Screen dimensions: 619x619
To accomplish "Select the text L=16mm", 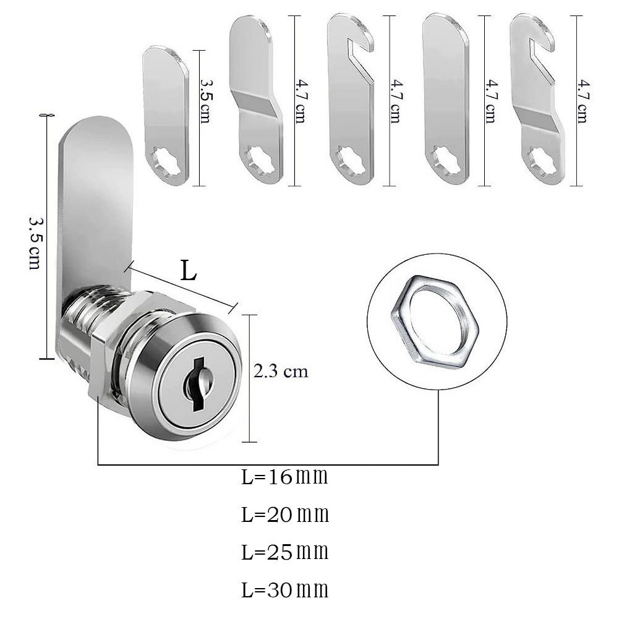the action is click(x=284, y=477).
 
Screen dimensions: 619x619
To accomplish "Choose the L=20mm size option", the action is click(x=284, y=514).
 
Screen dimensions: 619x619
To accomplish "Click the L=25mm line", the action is click(x=284, y=552).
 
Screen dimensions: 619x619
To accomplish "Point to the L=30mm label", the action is click(x=284, y=590).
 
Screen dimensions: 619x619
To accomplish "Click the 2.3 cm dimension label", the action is click(x=281, y=372).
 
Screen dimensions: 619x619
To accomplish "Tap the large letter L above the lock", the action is click(x=189, y=271).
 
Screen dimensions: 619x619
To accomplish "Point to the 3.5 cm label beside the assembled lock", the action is click(x=35, y=243).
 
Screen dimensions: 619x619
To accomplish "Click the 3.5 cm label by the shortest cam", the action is click(x=205, y=101).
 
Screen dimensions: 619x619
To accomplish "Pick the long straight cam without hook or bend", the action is click(x=445, y=99).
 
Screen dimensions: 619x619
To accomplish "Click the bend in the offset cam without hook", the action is click(x=257, y=101).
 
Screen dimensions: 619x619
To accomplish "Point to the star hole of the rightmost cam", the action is click(x=544, y=163).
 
